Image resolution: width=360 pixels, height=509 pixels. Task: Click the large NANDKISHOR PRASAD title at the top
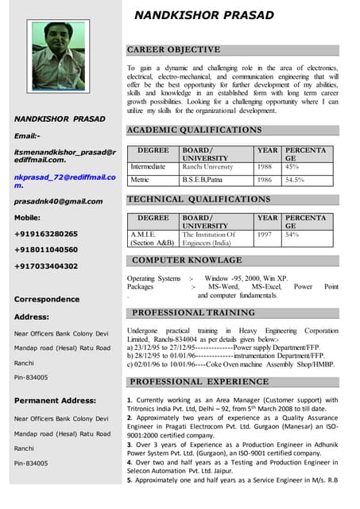[x=203, y=15]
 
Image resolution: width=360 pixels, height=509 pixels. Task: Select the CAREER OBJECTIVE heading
[x=174, y=49]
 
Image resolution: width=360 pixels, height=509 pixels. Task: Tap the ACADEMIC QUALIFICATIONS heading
[x=194, y=130]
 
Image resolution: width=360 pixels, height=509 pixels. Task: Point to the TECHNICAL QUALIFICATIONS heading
[x=199, y=199]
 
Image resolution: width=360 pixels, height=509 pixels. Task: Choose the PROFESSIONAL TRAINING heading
[x=193, y=313]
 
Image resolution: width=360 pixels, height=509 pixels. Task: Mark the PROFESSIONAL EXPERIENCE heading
[x=199, y=382]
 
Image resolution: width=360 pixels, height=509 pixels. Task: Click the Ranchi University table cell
[x=207, y=167]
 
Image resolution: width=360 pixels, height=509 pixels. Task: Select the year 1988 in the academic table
[x=266, y=167]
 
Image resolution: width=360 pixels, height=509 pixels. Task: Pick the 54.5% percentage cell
[x=296, y=180]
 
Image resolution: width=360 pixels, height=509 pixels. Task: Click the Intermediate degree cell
[x=148, y=167]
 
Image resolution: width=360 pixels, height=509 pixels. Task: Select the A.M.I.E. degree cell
[x=143, y=235]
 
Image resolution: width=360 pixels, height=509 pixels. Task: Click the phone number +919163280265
[x=46, y=234]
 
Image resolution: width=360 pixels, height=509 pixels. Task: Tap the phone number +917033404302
[x=46, y=266]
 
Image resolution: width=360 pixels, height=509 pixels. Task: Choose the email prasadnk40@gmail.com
[x=58, y=201]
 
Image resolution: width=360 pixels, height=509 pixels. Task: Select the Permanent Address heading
[x=55, y=400]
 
